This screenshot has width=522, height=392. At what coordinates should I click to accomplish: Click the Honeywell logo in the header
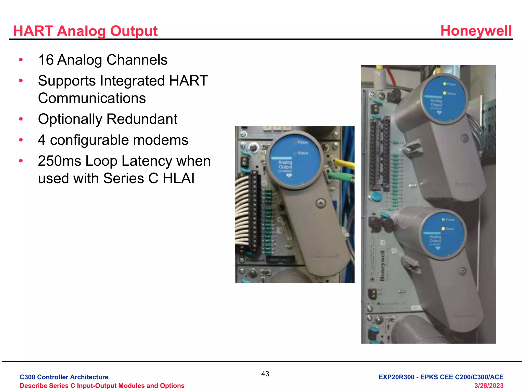pyautogui.click(x=476, y=31)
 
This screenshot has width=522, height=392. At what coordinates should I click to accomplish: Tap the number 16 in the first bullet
pyautogui.click(x=46, y=60)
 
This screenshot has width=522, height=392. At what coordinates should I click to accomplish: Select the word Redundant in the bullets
pyautogui.click(x=142, y=119)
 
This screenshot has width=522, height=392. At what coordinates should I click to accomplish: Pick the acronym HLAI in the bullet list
pyautogui.click(x=178, y=178)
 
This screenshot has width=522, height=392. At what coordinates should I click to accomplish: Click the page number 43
pyautogui.click(x=265, y=374)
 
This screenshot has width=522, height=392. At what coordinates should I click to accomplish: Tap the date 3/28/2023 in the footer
pyautogui.click(x=489, y=386)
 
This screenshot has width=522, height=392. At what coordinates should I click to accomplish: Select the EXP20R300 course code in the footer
pyautogui.click(x=396, y=377)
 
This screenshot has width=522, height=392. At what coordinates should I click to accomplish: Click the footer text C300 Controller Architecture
pyautogui.click(x=64, y=377)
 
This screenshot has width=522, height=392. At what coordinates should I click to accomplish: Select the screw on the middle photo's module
pyautogui.click(x=320, y=203)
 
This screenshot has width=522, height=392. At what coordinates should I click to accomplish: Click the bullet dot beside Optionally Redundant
pyautogui.click(x=21, y=119)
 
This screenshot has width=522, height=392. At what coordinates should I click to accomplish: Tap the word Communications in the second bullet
pyautogui.click(x=92, y=98)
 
